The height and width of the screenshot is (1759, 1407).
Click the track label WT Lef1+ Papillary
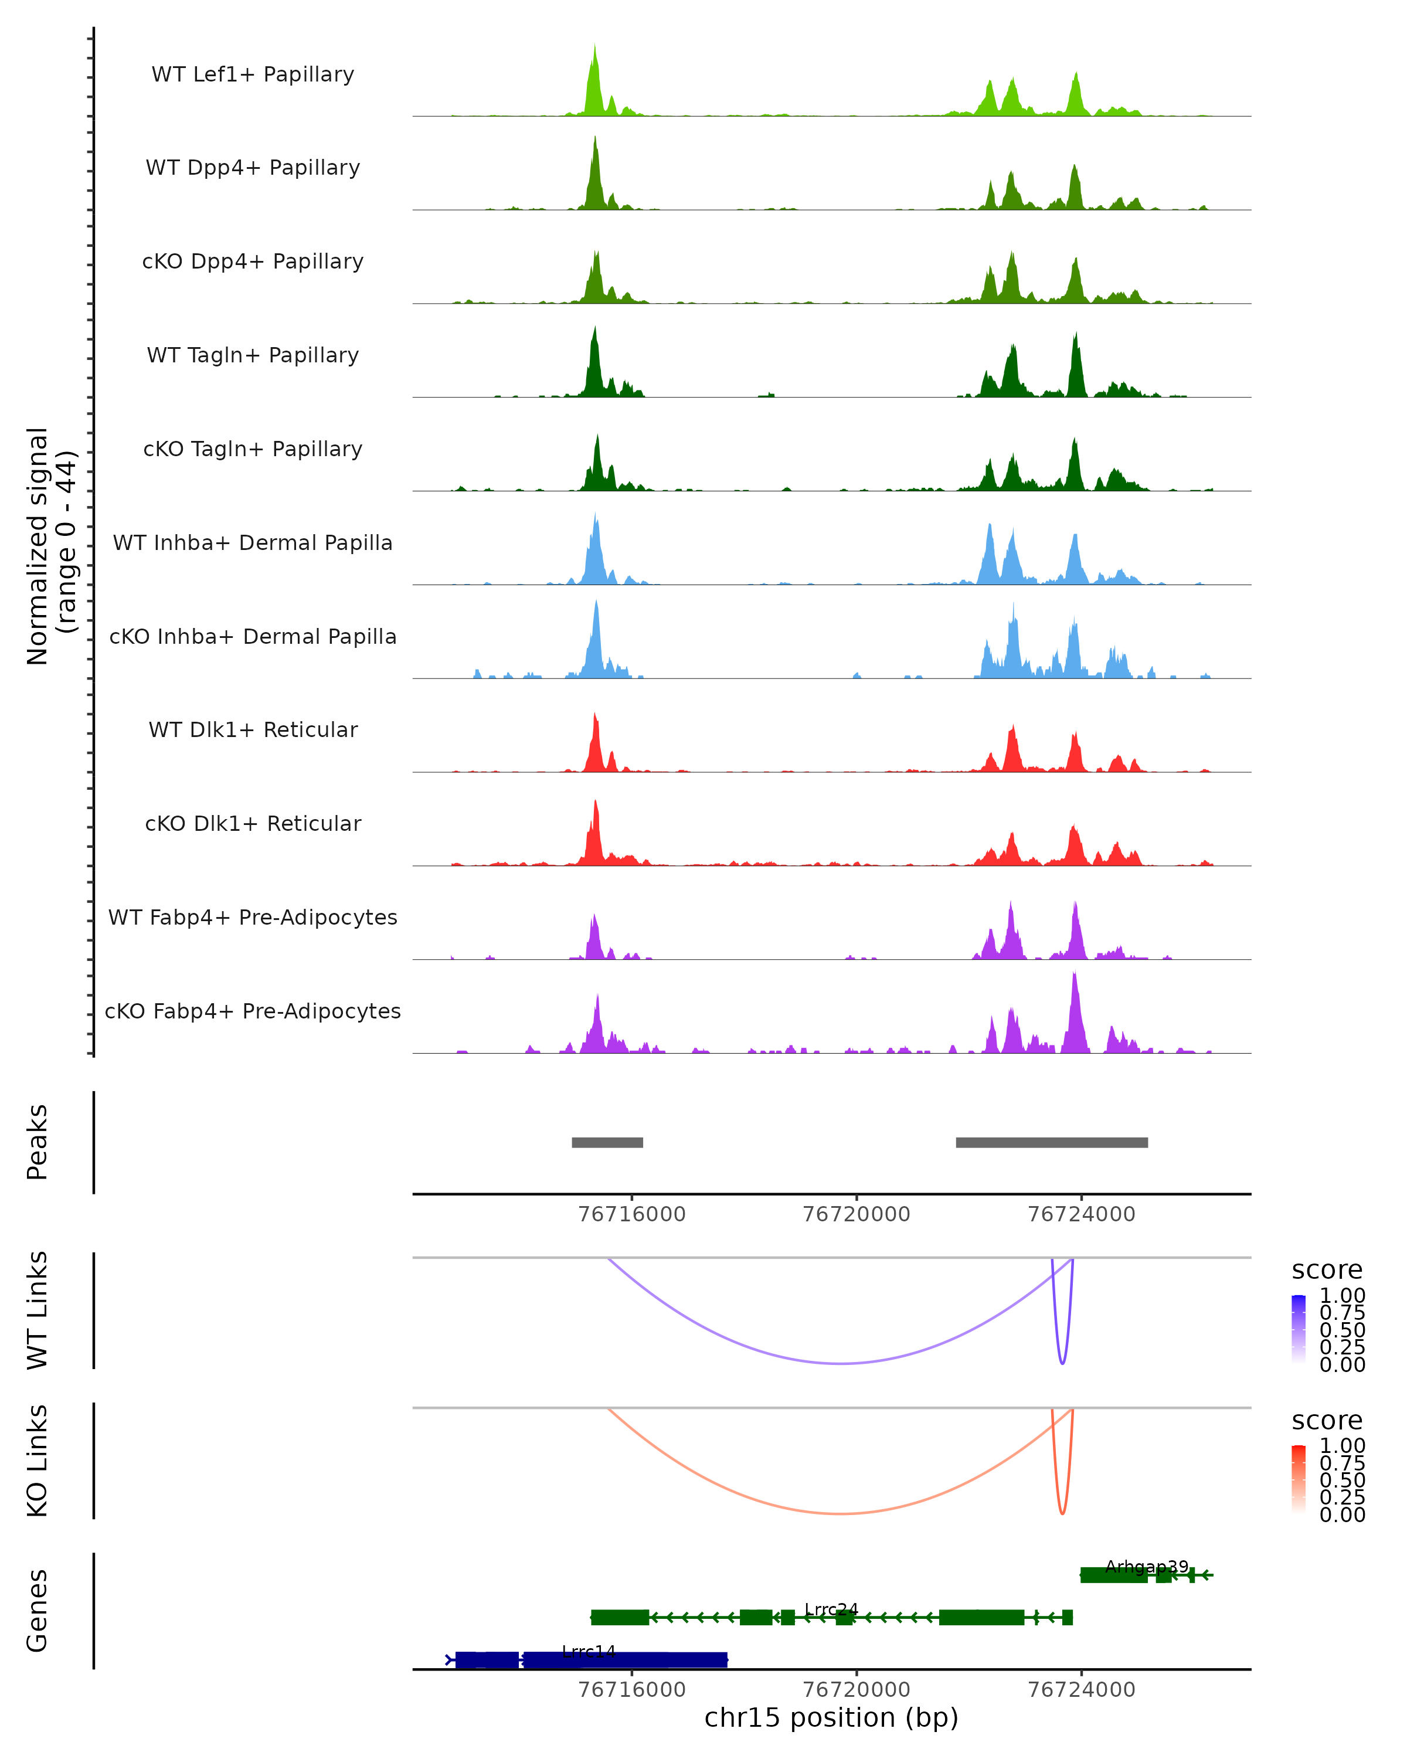click(253, 74)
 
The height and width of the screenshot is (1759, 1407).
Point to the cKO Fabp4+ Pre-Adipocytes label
click(253, 1011)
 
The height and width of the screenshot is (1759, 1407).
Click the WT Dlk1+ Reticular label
click(253, 729)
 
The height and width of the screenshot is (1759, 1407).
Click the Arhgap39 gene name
click(1146, 1567)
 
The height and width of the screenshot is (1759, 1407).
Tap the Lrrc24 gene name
click(831, 1609)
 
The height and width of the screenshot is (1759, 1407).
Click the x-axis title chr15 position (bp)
click(831, 1717)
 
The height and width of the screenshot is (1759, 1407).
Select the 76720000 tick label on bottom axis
click(857, 1690)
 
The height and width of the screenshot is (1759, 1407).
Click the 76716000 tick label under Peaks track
click(631, 1214)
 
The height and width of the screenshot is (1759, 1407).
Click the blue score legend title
click(1327, 1271)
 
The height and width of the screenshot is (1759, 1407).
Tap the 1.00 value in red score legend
click(1343, 1446)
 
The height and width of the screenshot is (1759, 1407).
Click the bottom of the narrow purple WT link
click(1062, 1363)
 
